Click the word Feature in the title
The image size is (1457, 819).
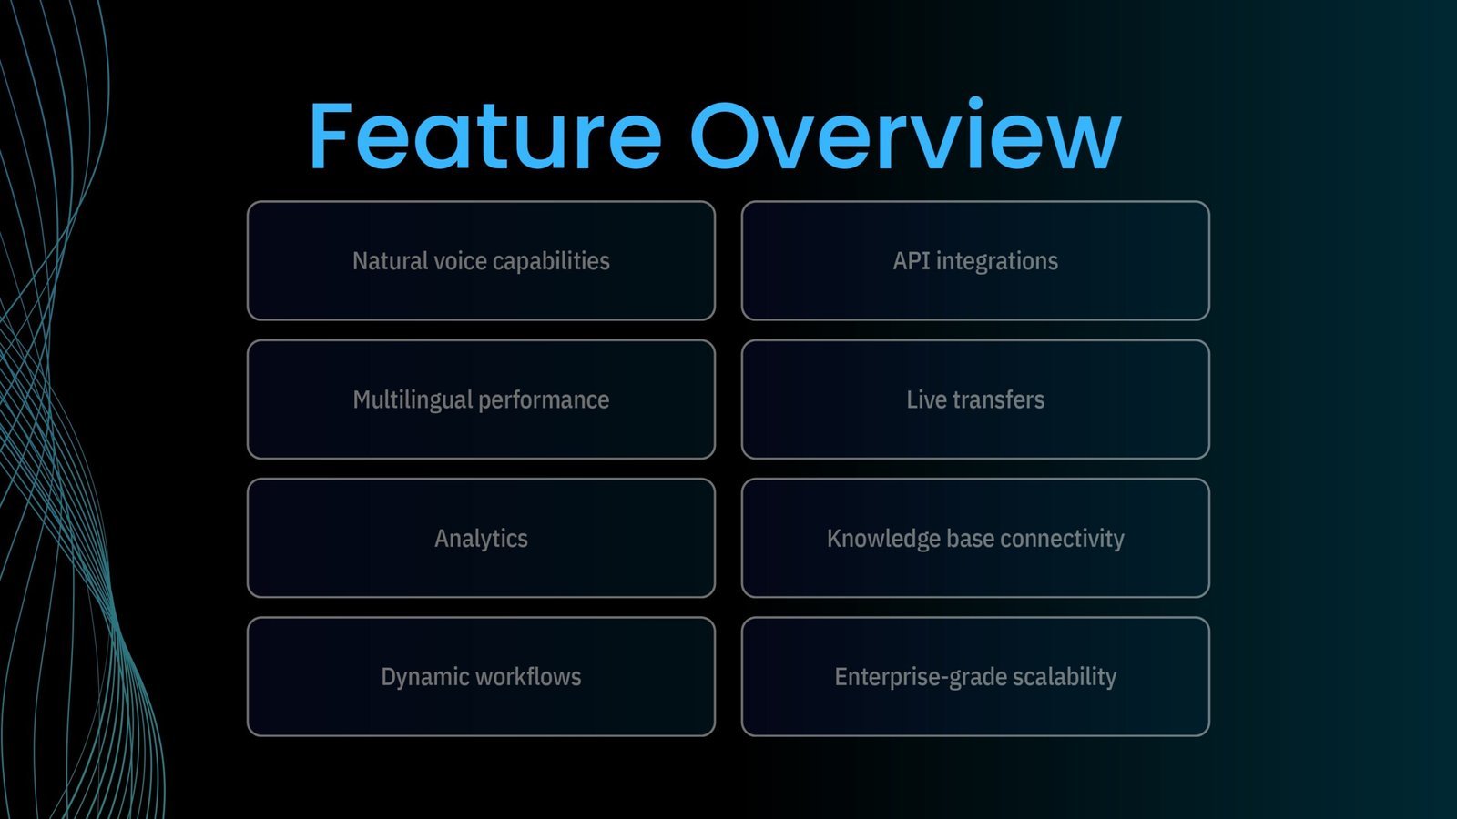tap(485, 136)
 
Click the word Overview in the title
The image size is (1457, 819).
tap(906, 135)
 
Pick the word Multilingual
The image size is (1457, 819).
tap(413, 400)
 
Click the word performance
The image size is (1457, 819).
tap(544, 400)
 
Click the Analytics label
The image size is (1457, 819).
tap(482, 539)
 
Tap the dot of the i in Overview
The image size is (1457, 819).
tap(975, 103)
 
